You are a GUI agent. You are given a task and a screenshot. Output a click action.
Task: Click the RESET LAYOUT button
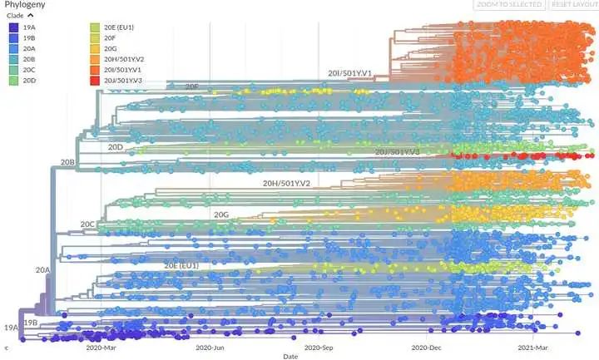tap(574, 5)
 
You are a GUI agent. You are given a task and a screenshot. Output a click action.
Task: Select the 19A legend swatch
tap(13, 27)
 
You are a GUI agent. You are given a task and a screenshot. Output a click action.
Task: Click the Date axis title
tap(289, 357)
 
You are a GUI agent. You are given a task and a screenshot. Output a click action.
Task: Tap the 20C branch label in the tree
tap(88, 224)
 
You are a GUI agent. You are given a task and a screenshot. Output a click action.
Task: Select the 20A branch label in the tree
tap(43, 270)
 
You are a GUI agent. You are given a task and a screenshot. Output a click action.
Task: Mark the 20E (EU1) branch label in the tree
tap(181, 264)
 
